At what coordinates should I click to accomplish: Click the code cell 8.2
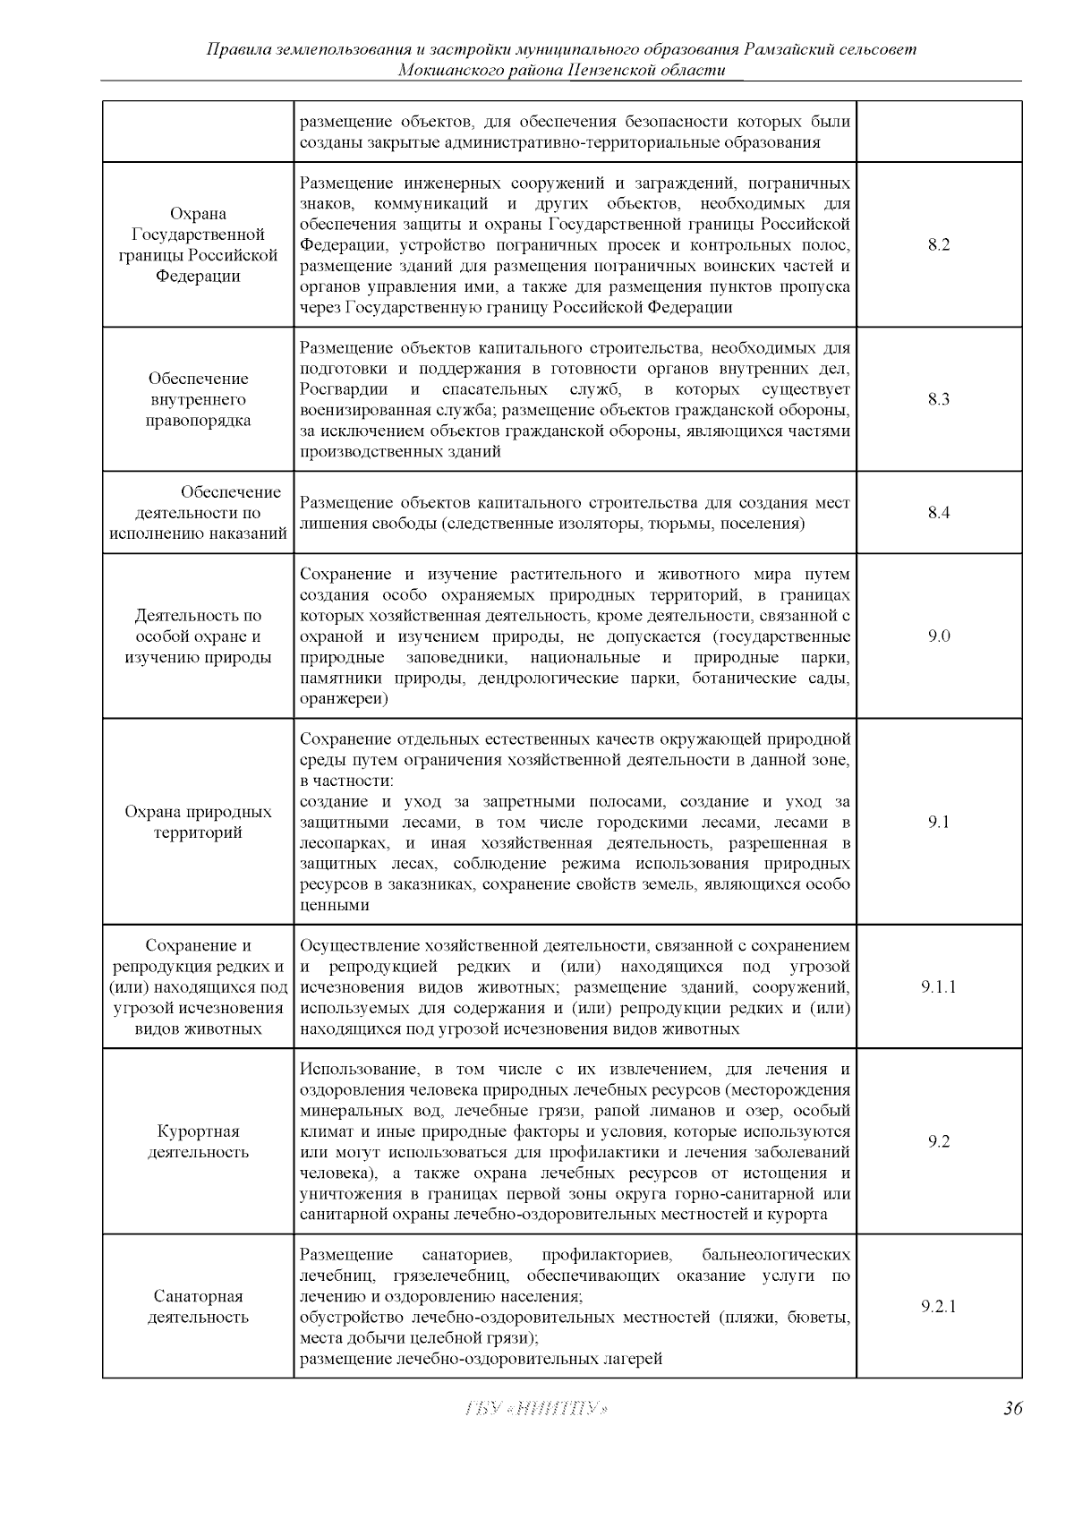[938, 245]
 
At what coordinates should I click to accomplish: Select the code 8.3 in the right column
[938, 400]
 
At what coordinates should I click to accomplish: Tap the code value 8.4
[938, 513]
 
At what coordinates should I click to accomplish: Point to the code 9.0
[938, 636]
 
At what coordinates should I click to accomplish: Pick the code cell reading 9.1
[938, 822]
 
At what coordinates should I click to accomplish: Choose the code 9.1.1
[938, 987]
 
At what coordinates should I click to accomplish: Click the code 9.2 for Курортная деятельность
[938, 1141]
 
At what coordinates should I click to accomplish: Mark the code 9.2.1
[938, 1306]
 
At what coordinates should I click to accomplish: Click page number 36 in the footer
[1012, 1409]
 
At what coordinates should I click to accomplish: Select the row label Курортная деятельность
[198, 1142]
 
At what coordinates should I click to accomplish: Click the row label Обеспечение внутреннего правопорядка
[198, 400]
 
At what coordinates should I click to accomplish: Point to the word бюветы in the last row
[823, 1318]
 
